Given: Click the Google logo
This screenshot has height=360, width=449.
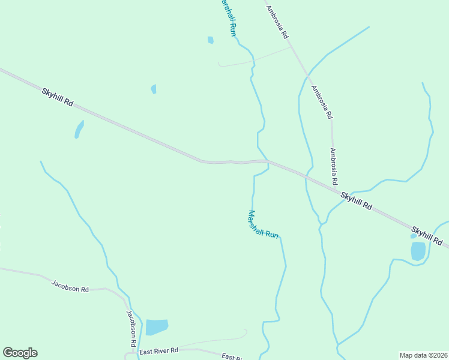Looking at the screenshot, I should coord(20,353).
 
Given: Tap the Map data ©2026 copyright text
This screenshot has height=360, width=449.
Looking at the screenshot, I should coord(423,355).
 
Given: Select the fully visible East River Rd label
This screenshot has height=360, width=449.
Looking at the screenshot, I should coord(158,350).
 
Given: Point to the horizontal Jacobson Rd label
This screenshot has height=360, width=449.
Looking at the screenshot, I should coord(70,286).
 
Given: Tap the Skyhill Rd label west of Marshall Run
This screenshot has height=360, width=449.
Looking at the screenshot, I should coord(58,97).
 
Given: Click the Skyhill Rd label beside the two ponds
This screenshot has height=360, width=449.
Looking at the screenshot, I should coord(427,236).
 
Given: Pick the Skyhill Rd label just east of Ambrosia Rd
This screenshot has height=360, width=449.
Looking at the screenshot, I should coord(356,201).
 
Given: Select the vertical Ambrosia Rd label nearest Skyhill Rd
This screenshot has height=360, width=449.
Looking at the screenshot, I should coord(333,166).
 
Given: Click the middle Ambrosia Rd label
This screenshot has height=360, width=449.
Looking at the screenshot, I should coord(322,101).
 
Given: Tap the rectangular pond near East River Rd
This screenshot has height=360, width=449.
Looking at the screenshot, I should coord(157,327).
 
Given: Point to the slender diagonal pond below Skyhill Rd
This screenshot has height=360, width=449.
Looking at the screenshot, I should coord(79,129).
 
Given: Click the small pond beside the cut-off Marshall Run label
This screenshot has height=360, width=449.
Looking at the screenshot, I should coord(210,40).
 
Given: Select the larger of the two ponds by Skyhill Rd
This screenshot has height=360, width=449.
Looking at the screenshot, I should coord(418,251).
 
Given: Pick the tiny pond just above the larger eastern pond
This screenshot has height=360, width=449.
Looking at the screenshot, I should coord(413,236).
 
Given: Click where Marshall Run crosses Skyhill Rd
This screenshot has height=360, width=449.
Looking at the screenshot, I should coord(267,161).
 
